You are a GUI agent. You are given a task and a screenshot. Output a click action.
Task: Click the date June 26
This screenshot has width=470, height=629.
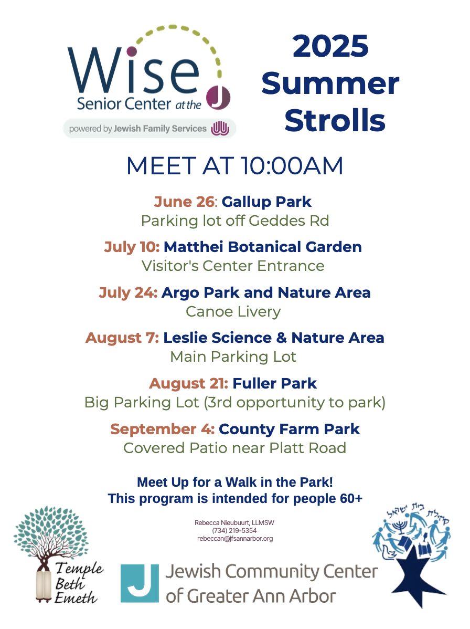point(185,202)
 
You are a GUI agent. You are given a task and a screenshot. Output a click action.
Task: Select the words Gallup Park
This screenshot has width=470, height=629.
point(266,202)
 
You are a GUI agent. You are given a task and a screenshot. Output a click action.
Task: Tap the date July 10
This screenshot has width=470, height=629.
point(132,247)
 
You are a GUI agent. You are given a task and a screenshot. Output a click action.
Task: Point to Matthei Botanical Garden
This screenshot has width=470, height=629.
point(263,247)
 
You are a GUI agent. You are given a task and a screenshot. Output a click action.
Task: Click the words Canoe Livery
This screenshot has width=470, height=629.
point(233,312)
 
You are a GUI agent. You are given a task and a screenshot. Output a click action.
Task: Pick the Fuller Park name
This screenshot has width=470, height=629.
point(274,383)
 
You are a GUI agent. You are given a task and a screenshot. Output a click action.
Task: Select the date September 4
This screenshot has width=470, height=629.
point(163,429)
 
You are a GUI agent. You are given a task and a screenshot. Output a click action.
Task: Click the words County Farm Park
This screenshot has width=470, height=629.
point(290,429)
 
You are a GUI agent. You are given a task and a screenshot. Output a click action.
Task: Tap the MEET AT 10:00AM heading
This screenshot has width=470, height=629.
point(235,166)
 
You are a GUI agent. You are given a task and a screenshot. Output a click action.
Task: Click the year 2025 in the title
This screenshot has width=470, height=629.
point(330,46)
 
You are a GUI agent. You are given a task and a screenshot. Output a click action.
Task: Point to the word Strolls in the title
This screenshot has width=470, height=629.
point(335,120)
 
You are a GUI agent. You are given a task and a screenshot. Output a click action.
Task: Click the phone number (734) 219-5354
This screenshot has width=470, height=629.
point(234,531)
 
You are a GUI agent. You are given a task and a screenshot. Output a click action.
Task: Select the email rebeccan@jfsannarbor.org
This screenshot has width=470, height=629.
point(235,539)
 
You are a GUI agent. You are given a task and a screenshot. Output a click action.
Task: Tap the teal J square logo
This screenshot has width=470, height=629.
point(140,583)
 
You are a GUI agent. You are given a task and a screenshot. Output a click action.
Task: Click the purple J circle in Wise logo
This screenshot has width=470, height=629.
point(218,98)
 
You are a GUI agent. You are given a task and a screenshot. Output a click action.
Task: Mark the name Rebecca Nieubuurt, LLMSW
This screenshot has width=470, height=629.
point(234,523)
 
